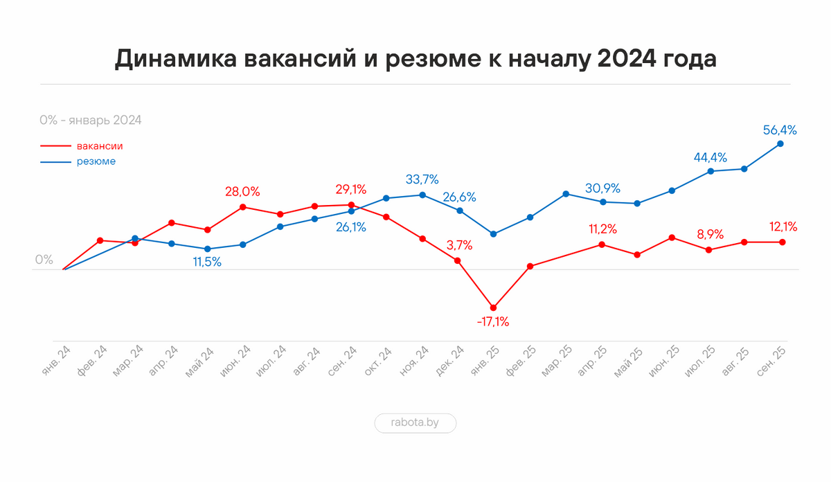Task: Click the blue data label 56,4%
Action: point(779,130)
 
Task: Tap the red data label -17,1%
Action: point(493,322)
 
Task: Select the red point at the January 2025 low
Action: point(493,307)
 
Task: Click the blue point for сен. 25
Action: point(780,144)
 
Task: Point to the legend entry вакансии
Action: point(100,146)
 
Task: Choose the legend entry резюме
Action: point(96,161)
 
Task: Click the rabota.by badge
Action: point(415,423)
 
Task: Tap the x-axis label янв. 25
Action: point(485,360)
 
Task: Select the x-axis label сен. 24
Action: point(342,360)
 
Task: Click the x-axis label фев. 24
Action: point(93,360)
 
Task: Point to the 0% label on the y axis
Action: point(44,260)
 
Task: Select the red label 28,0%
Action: point(242,192)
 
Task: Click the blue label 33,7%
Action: point(422,180)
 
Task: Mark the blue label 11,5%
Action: point(208,262)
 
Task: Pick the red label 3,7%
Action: point(459,244)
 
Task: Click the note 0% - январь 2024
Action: point(91,120)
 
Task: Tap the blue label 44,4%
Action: point(711,157)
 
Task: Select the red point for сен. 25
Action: point(782,242)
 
